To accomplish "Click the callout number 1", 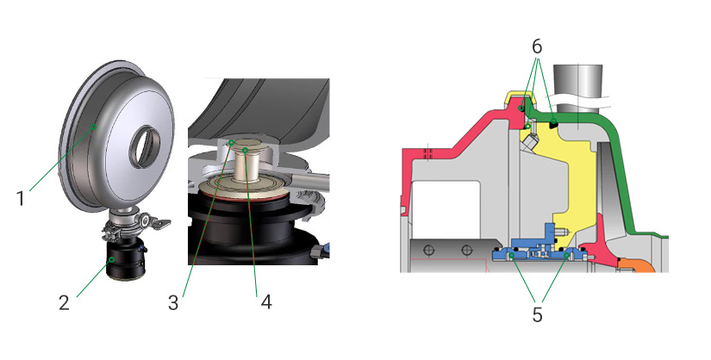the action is click(21, 198).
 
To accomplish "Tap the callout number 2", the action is click(65, 302).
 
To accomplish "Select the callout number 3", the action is click(173, 303).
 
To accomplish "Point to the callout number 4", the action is click(266, 302).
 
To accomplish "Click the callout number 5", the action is click(537, 314).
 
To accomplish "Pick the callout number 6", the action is click(537, 47).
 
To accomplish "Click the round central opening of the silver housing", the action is click(145, 146).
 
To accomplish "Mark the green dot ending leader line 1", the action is click(94, 127).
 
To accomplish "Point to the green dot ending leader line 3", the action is click(231, 142).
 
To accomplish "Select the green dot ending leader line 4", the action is click(245, 149).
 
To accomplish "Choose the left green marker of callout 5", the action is click(511, 256).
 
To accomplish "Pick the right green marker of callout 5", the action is click(567, 256).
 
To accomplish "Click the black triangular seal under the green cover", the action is click(553, 123).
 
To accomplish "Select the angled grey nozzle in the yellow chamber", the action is click(528, 143).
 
